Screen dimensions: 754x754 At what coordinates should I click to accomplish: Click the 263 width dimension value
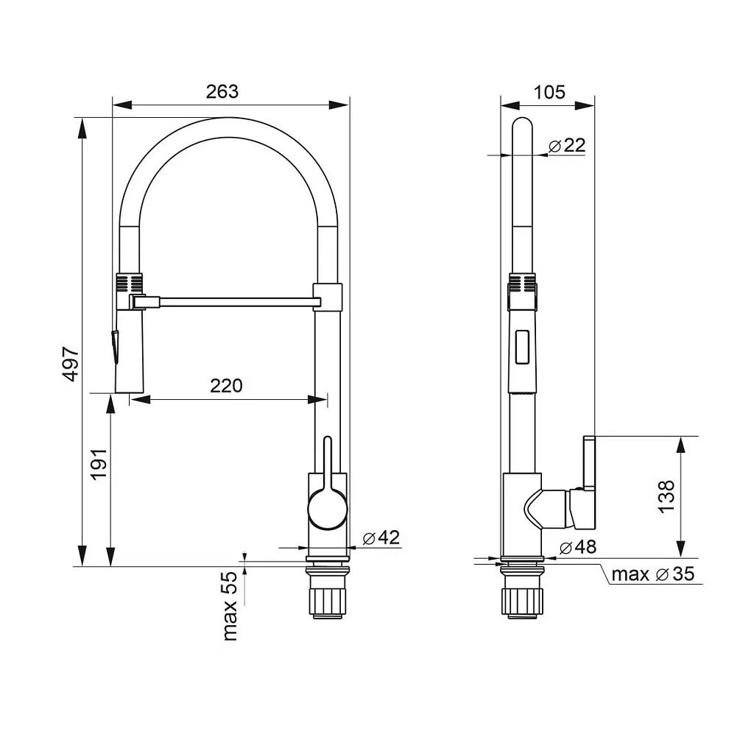pyautogui.click(x=222, y=91)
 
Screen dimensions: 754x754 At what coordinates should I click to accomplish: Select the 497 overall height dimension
pyautogui.click(x=71, y=364)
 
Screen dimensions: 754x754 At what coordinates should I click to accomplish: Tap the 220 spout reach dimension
pyautogui.click(x=226, y=385)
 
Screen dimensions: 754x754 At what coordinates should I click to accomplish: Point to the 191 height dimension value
pyautogui.click(x=99, y=464)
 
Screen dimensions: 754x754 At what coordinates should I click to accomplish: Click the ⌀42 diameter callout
pyautogui.click(x=381, y=537)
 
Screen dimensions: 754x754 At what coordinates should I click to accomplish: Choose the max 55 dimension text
pyautogui.click(x=230, y=607)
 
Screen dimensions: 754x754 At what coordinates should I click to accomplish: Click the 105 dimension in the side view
pyautogui.click(x=549, y=92)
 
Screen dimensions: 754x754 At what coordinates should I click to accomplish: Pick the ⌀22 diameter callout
pyautogui.click(x=567, y=145)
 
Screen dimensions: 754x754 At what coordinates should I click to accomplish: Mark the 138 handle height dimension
pyautogui.click(x=667, y=496)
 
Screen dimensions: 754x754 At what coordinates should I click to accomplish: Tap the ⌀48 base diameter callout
pyautogui.click(x=578, y=547)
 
